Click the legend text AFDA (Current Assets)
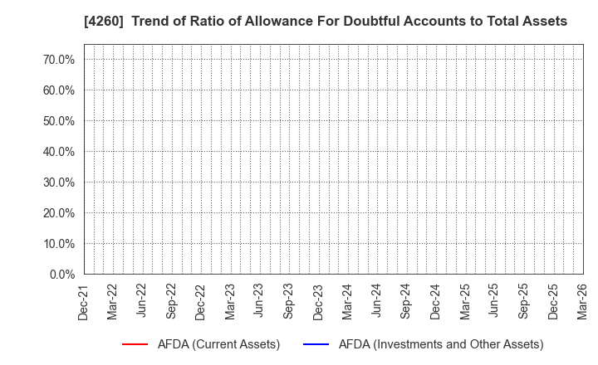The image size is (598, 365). click(x=218, y=344)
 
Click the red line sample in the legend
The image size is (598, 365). click(x=135, y=344)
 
